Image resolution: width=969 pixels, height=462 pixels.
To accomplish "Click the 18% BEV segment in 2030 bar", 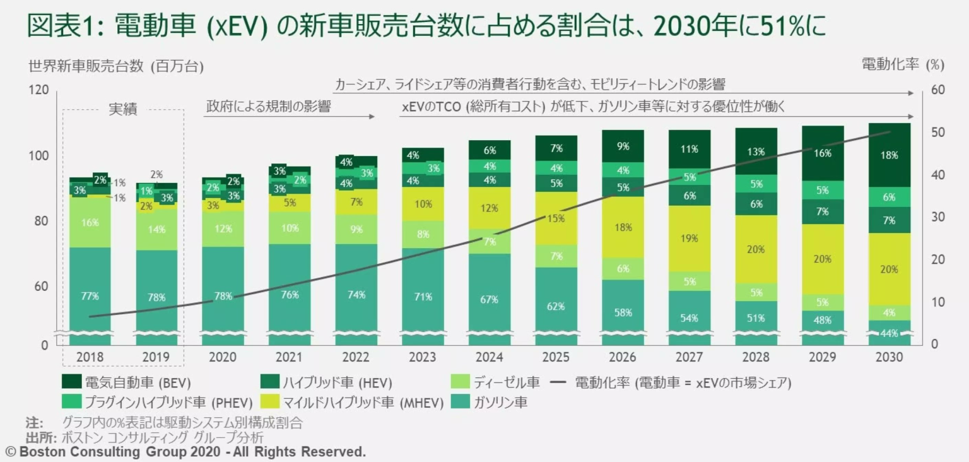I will click(x=889, y=155).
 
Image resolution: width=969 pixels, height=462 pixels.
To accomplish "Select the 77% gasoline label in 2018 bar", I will click(x=90, y=295).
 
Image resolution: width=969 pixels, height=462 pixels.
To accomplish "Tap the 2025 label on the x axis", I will click(x=556, y=357).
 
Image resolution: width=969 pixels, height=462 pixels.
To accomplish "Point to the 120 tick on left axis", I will click(x=39, y=90).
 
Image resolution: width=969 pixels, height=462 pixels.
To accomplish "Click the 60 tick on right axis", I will click(x=937, y=90).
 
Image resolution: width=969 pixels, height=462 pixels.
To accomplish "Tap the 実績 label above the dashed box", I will click(x=123, y=109).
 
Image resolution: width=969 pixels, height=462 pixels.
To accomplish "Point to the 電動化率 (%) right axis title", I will click(x=902, y=64).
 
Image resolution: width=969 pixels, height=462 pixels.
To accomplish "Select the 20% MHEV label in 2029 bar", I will click(x=822, y=259).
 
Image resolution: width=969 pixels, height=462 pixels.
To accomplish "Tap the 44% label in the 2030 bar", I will click(x=889, y=333).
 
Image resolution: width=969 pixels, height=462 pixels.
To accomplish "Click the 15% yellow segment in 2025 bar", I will click(x=556, y=218).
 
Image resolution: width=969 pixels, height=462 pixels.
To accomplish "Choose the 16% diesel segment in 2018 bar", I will click(x=90, y=222).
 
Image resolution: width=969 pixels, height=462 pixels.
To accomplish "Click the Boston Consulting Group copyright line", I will click(x=185, y=452).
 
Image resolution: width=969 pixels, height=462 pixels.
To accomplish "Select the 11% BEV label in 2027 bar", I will click(x=689, y=149).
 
